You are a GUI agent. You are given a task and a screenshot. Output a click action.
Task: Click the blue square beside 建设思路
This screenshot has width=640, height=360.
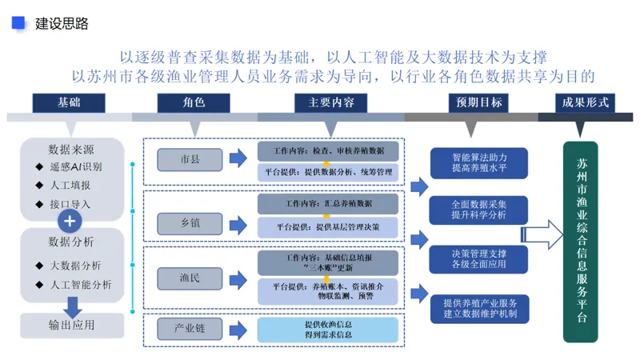point(18,23)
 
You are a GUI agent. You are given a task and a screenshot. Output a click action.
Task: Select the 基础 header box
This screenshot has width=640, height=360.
point(69,102)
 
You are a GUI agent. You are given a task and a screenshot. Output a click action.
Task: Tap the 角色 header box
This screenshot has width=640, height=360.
point(194,102)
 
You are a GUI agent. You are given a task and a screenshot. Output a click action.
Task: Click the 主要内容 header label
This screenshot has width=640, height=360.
point(331,102)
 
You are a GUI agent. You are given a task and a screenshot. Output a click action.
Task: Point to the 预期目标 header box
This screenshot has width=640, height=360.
point(478,102)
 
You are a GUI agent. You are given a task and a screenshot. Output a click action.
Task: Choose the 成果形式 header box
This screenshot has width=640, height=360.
point(586,102)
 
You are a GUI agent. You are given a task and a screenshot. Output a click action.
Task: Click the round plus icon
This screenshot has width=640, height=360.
point(70,222)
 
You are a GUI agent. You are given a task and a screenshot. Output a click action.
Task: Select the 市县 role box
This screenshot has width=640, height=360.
point(190,159)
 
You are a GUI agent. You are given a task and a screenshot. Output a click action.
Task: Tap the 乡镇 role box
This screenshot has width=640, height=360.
point(190,224)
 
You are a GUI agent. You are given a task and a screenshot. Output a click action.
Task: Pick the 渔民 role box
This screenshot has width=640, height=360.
point(190,278)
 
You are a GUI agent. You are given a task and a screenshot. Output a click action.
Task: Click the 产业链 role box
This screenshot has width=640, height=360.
point(190,329)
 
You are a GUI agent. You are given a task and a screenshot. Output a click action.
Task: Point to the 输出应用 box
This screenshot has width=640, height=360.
point(72,326)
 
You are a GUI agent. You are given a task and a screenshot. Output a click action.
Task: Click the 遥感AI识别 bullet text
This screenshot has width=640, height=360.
point(76,166)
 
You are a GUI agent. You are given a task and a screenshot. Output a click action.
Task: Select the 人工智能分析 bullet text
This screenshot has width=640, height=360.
point(81,285)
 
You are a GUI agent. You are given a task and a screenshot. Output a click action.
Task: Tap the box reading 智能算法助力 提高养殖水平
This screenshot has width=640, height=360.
point(479,163)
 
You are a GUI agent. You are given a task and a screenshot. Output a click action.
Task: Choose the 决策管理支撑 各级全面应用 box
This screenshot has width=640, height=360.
point(478,259)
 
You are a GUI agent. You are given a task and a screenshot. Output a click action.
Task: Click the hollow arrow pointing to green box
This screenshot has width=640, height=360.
point(542,234)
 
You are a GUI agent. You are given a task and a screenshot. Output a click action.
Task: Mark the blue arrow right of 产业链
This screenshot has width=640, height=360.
point(238,330)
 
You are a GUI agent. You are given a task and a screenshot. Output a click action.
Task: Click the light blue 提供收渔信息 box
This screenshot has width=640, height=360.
point(328,330)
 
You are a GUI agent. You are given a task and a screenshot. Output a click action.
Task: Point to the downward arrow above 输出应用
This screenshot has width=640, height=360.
point(73,307)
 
